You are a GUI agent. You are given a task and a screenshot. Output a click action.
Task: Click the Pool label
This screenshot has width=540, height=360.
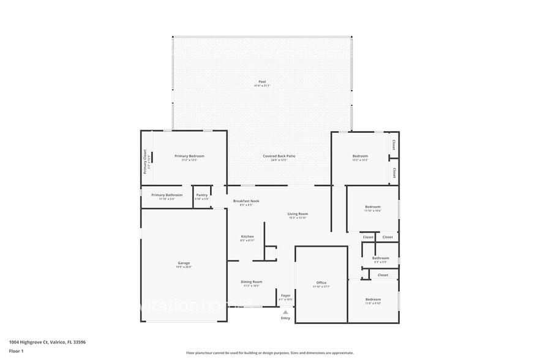(262, 81)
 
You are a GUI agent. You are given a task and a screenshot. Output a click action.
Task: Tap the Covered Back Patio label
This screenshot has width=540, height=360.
(279, 156)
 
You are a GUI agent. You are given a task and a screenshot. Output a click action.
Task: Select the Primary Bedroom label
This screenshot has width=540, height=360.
(189, 156)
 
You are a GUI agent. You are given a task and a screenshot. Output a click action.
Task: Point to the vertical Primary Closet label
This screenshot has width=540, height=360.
(145, 162)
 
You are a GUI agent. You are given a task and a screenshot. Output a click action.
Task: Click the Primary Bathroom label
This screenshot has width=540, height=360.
(167, 195)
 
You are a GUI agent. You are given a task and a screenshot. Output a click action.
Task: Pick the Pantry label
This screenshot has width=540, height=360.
(202, 195)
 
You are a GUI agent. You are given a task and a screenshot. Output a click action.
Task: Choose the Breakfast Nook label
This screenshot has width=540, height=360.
(246, 201)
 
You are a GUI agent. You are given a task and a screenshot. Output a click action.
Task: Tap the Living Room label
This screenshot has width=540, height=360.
(298, 214)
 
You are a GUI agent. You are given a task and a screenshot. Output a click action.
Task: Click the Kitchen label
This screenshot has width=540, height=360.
(247, 236)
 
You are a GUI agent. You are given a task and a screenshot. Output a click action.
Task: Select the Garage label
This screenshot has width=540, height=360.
(184, 263)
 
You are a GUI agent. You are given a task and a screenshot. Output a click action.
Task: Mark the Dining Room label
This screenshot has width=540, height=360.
(252, 282)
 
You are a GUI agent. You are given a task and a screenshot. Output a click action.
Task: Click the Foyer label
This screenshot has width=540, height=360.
(286, 295)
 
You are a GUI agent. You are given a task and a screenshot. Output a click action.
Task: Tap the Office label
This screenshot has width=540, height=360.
(321, 282)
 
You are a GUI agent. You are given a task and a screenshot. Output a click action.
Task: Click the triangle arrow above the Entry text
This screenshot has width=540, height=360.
(285, 312)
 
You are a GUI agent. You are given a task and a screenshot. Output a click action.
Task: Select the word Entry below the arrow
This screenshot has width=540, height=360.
(285, 318)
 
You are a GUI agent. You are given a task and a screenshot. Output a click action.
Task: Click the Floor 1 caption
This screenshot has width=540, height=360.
(17, 351)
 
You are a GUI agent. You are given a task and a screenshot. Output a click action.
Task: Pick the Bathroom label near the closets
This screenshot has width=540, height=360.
(381, 258)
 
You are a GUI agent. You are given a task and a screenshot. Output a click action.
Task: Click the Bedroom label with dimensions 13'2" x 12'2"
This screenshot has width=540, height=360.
(360, 156)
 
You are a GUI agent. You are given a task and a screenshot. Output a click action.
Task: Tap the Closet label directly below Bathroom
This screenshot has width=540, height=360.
(383, 275)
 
